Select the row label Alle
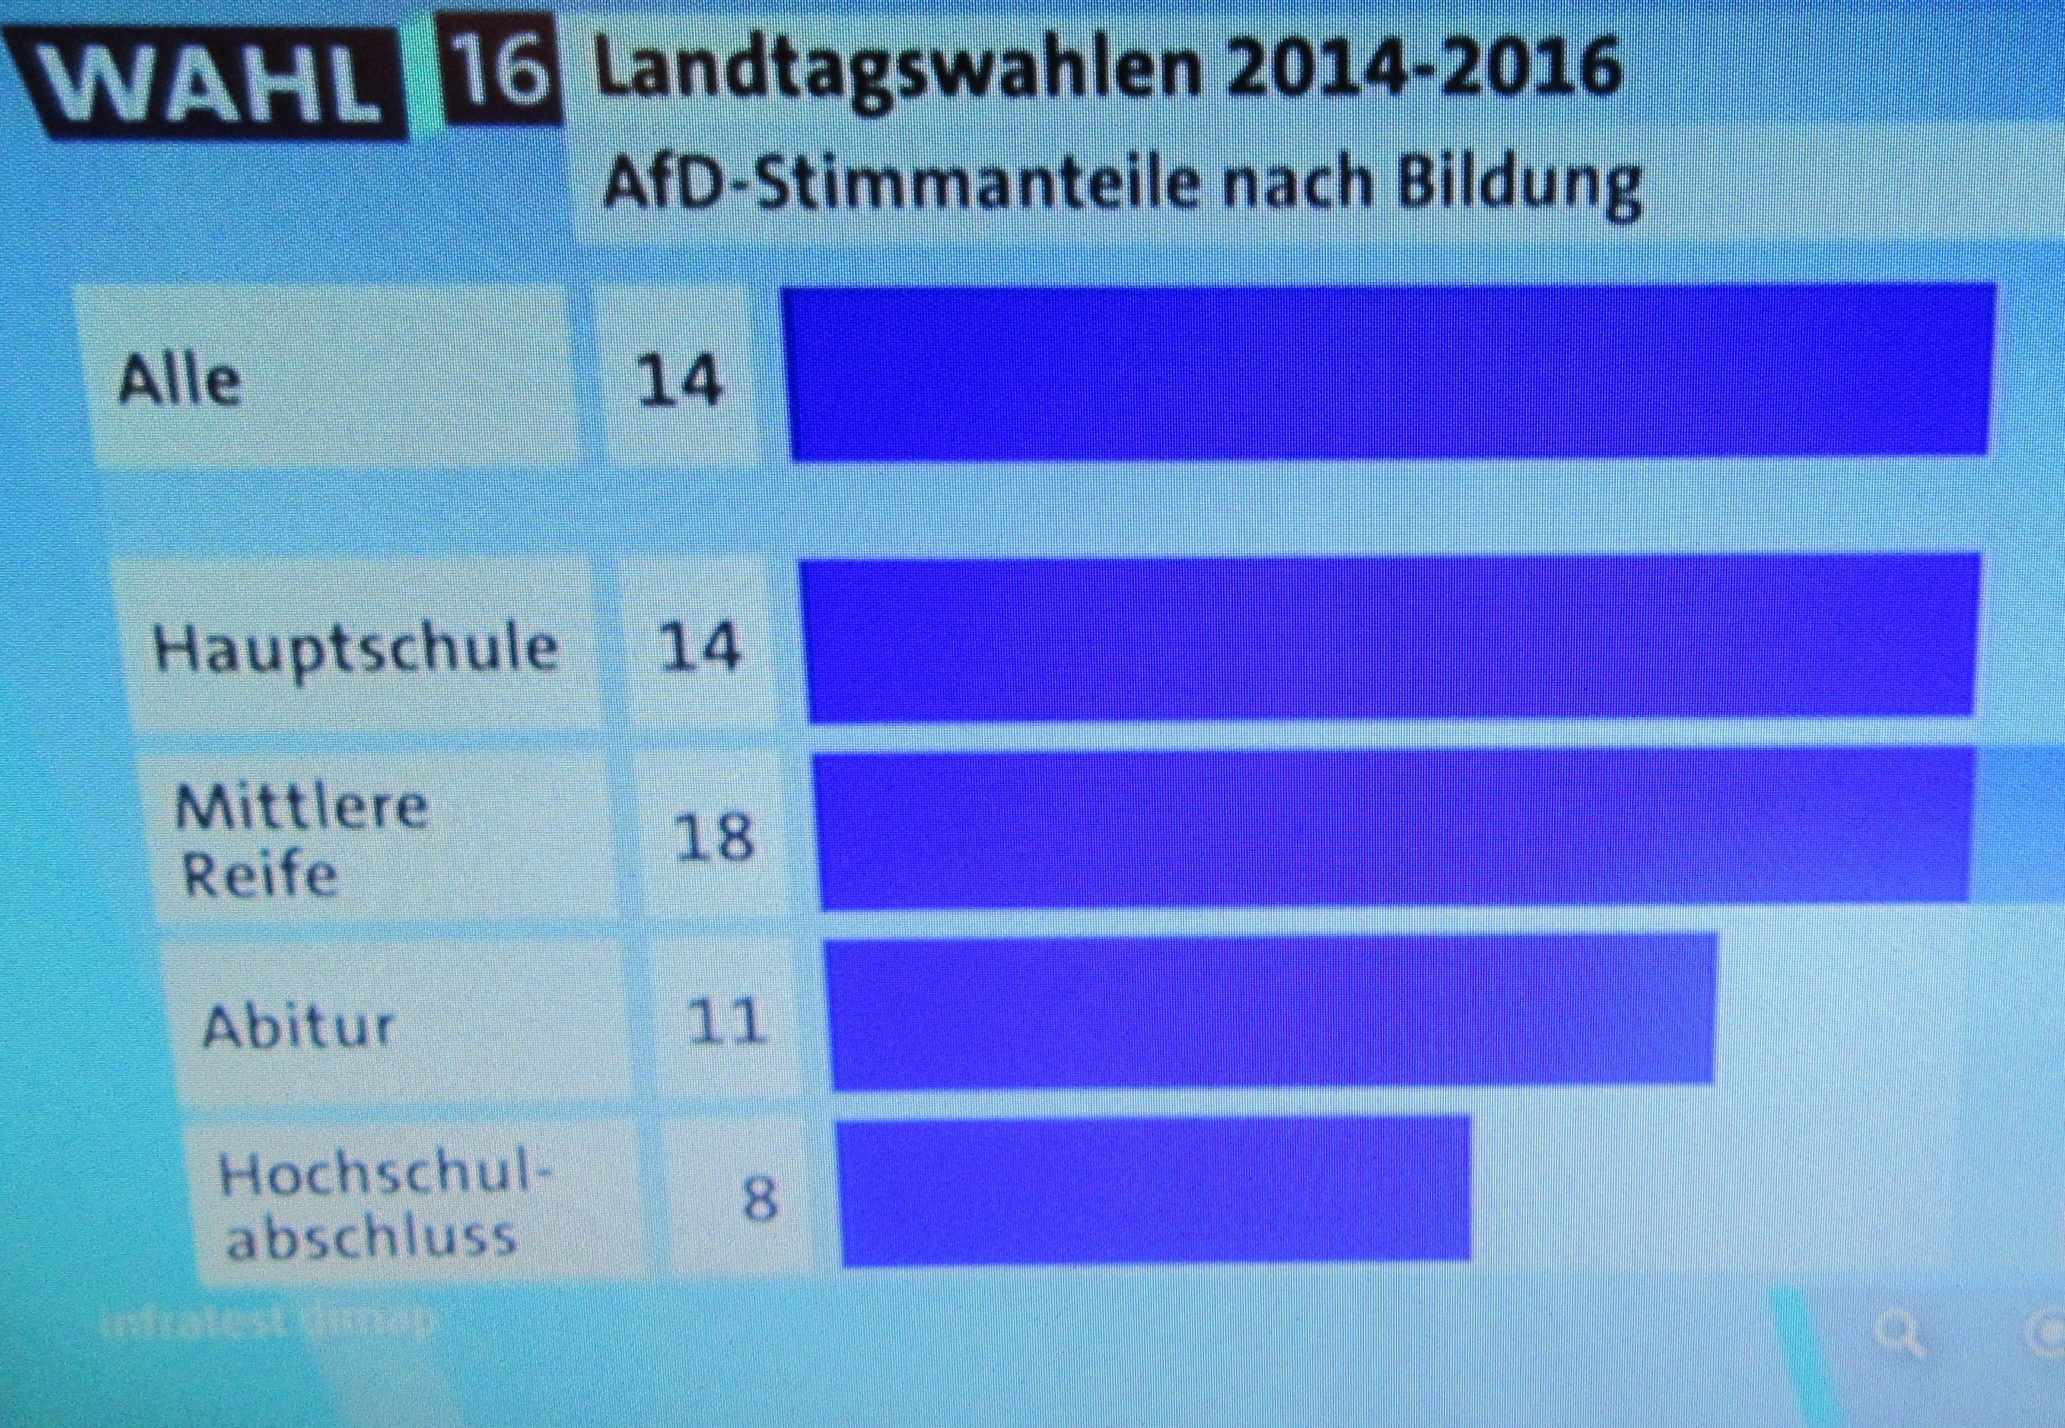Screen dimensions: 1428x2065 [x=180, y=380]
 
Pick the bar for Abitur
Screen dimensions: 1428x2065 [x=1271, y=1011]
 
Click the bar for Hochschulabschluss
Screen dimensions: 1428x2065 [x=1154, y=1190]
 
